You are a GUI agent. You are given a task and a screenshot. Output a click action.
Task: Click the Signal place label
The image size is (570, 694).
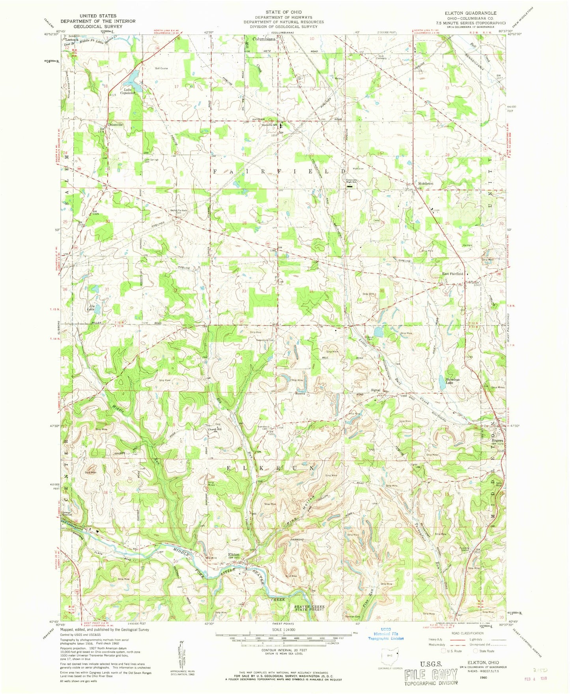coord(376,390)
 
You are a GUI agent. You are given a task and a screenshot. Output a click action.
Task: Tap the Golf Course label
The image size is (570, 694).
coord(161,68)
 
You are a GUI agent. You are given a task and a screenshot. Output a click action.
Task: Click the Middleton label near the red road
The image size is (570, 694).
coord(426,184)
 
